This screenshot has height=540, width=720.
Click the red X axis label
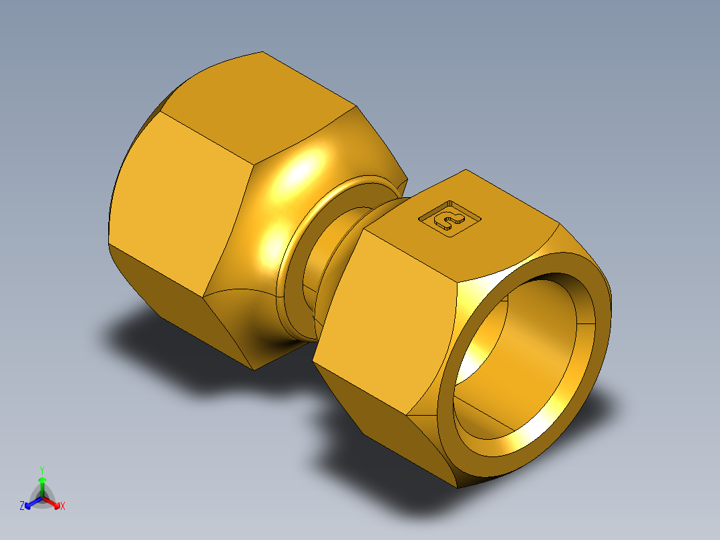[62, 507]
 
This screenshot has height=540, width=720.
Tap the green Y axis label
[41, 470]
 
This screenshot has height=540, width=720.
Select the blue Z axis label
[22, 506]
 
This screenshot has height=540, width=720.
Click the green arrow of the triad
[41, 484]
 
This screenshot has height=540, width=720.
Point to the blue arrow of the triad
[31, 503]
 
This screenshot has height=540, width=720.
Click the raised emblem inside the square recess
[449, 219]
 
